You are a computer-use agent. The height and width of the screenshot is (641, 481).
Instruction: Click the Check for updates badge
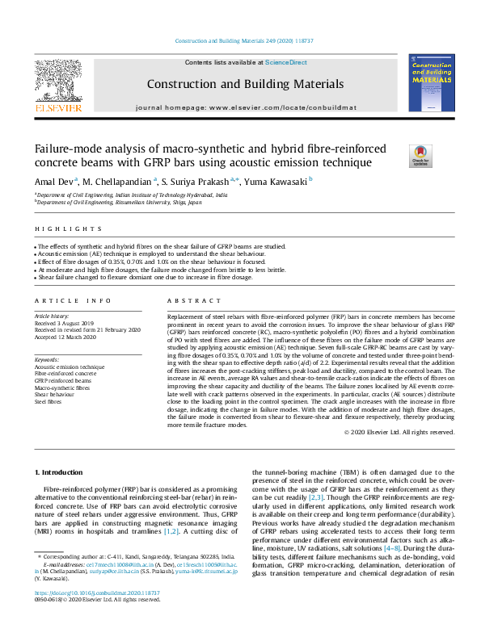tap(421, 155)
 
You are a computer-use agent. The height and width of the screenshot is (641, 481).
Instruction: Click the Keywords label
tap(46, 359)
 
